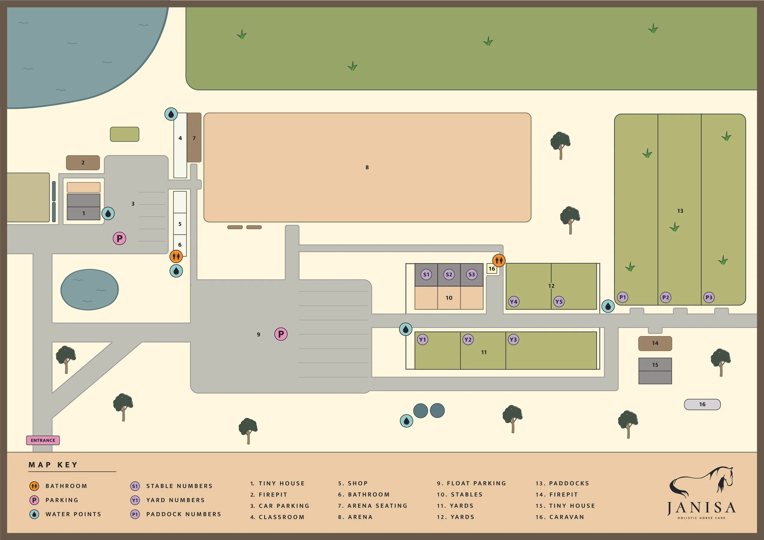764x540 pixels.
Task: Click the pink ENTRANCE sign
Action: click(x=43, y=440)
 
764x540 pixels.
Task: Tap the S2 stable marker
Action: click(x=449, y=274)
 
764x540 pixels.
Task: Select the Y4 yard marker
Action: click(x=513, y=301)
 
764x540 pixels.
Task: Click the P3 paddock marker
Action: click(x=709, y=297)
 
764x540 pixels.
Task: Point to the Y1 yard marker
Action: click(x=422, y=340)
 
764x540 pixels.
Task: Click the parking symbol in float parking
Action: click(x=281, y=334)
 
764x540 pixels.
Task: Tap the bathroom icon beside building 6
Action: click(x=176, y=256)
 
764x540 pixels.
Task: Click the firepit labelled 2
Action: click(x=83, y=162)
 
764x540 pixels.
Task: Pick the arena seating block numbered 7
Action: click(x=194, y=138)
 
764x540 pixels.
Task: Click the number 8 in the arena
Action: click(x=367, y=168)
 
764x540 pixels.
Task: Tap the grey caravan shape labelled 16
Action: click(x=702, y=404)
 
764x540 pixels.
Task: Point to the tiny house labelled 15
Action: click(x=655, y=371)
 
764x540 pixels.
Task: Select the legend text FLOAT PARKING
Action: click(x=476, y=483)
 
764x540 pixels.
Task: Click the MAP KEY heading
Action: click(x=53, y=465)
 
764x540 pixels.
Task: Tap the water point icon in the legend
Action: click(x=34, y=514)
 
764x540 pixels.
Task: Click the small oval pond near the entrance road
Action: click(x=90, y=289)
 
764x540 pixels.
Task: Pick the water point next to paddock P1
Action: click(x=608, y=306)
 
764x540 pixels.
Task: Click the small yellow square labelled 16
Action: click(x=492, y=269)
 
